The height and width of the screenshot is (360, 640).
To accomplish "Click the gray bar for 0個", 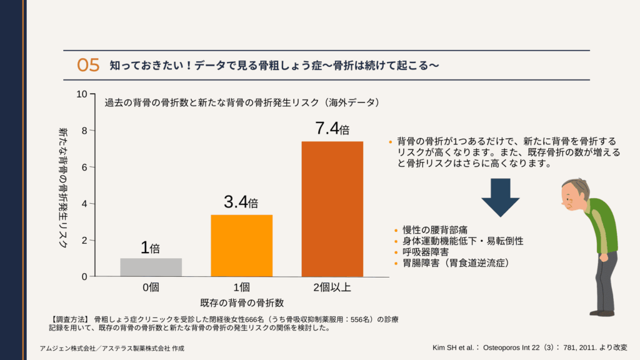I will pyautogui.click(x=151, y=267).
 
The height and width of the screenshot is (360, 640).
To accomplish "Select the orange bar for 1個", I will pyautogui.click(x=241, y=245).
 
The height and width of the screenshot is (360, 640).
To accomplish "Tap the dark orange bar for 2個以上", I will pyautogui.click(x=332, y=209).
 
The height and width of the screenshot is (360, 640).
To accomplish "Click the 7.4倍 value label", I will pyautogui.click(x=332, y=129).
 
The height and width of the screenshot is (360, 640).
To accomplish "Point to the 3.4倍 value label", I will pyautogui.click(x=241, y=202).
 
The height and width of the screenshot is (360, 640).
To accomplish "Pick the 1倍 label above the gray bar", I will pyautogui.click(x=151, y=247).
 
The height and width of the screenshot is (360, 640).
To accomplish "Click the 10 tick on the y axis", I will pyautogui.click(x=81, y=94).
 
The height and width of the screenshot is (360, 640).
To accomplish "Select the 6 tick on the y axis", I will pyautogui.click(x=84, y=167).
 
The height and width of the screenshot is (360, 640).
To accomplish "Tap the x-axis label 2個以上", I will pyautogui.click(x=332, y=287).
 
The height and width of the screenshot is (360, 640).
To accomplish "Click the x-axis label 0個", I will pyautogui.click(x=151, y=287).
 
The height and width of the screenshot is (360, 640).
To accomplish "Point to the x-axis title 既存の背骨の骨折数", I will pyautogui.click(x=241, y=303).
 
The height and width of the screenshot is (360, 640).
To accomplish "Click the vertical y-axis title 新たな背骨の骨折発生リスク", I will pyautogui.click(x=62, y=187).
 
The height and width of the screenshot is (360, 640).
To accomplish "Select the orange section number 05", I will pyautogui.click(x=88, y=65).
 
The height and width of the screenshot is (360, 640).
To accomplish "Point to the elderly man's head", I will pyautogui.click(x=574, y=195).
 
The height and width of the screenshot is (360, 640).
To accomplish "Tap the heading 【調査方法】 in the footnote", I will pyautogui.click(x=69, y=319).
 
